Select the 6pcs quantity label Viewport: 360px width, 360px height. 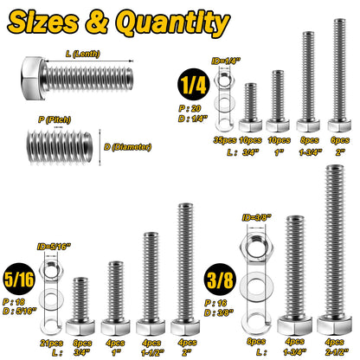pos(339,139)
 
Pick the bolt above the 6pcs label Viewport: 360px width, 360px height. pos(338,74)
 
